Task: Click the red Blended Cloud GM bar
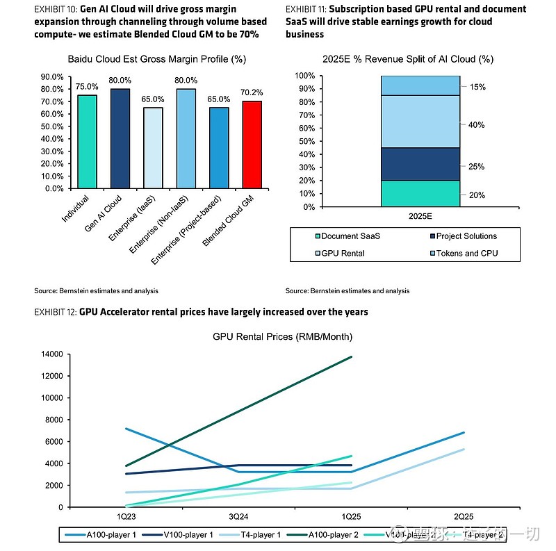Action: coord(252,145)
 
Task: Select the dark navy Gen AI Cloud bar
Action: coord(120,138)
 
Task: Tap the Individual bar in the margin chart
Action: coord(87,141)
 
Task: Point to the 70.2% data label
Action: coord(252,92)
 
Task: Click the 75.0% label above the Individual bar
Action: coord(87,87)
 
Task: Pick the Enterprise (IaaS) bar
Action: coord(153,147)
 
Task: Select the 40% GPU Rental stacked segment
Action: coord(420,122)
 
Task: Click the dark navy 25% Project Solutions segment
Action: coord(420,164)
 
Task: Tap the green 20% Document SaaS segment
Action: coord(420,194)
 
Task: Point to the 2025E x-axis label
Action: coord(420,217)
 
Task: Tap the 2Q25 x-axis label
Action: coord(464,517)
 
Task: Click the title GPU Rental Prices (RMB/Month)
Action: coord(282,337)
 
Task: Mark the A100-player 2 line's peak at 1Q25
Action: coord(352,356)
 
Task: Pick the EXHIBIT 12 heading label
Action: coord(201,312)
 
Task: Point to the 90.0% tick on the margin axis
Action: coord(53,76)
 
